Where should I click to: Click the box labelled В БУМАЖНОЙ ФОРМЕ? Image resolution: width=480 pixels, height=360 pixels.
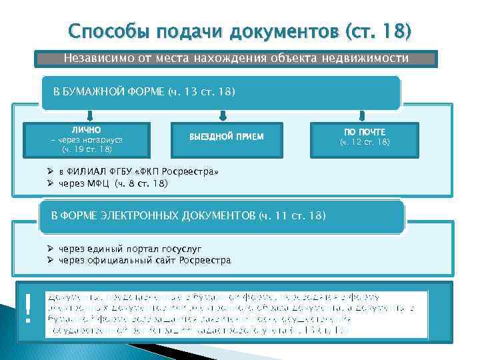point(220,91)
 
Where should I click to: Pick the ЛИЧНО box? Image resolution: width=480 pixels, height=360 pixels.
point(87,140)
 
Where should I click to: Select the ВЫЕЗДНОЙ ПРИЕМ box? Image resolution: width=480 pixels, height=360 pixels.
point(227,137)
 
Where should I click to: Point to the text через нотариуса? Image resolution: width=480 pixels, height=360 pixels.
point(89,140)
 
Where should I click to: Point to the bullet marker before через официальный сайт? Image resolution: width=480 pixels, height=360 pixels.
point(51,260)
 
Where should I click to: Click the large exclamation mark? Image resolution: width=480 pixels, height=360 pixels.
point(28,309)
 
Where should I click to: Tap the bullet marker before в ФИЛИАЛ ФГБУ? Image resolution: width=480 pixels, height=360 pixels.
point(51,172)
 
